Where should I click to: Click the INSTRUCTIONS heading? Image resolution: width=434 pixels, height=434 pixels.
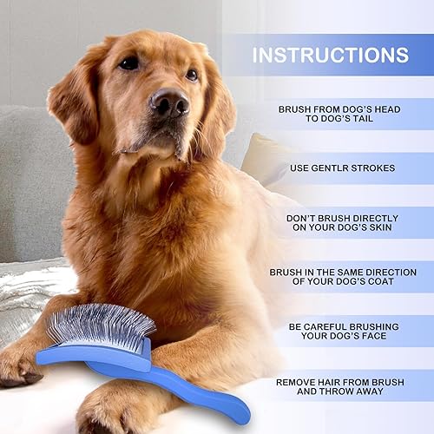pyautogui.click(x=330, y=55)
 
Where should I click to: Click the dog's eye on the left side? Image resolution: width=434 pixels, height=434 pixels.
pyautogui.click(x=129, y=62)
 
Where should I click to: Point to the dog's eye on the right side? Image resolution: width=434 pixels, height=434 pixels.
pyautogui.click(x=191, y=75)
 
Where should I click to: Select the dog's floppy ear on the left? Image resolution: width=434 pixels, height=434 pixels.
pyautogui.click(x=74, y=100)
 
